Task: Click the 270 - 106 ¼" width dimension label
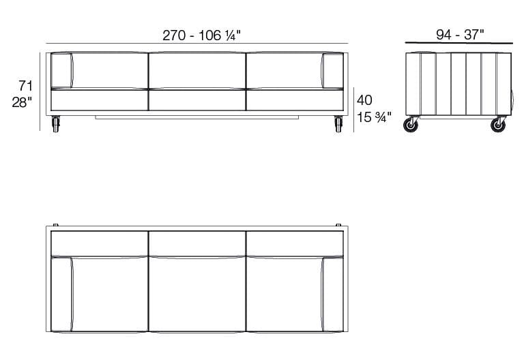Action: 201,36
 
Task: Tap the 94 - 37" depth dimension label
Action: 459,35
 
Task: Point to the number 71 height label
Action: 26,86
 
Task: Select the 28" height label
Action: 23,103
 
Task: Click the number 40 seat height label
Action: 364,100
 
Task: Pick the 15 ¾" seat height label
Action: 374,117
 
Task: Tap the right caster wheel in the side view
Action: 499,125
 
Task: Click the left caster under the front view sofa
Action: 56,124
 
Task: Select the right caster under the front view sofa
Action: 338,124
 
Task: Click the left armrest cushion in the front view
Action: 61,70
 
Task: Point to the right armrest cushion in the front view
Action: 333,70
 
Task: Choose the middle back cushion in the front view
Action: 196,70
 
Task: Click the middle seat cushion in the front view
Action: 196,100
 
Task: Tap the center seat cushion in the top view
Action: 196,295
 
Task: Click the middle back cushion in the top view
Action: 196,243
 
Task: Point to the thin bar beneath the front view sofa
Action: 196,117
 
